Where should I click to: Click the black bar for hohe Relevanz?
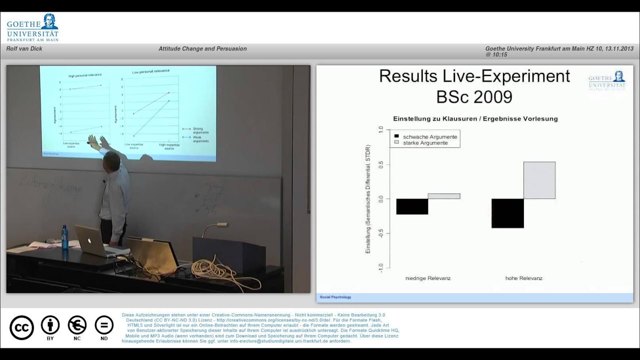[507, 213]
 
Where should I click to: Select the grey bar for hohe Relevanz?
[539, 180]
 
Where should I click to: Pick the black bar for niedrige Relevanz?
[412, 206]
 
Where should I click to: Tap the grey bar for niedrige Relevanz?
[444, 196]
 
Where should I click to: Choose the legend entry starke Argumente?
[425, 143]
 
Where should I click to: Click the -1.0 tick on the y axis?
[380, 265]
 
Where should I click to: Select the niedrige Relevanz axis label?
[427, 278]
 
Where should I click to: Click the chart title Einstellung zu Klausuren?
[475, 119]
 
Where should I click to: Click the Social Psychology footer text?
[335, 297]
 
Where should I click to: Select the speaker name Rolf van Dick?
[24, 49]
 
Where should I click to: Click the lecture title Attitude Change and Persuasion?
[202, 49]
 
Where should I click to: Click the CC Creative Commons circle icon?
[21, 327]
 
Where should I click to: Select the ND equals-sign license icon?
[104, 325]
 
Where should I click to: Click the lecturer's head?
[111, 161]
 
